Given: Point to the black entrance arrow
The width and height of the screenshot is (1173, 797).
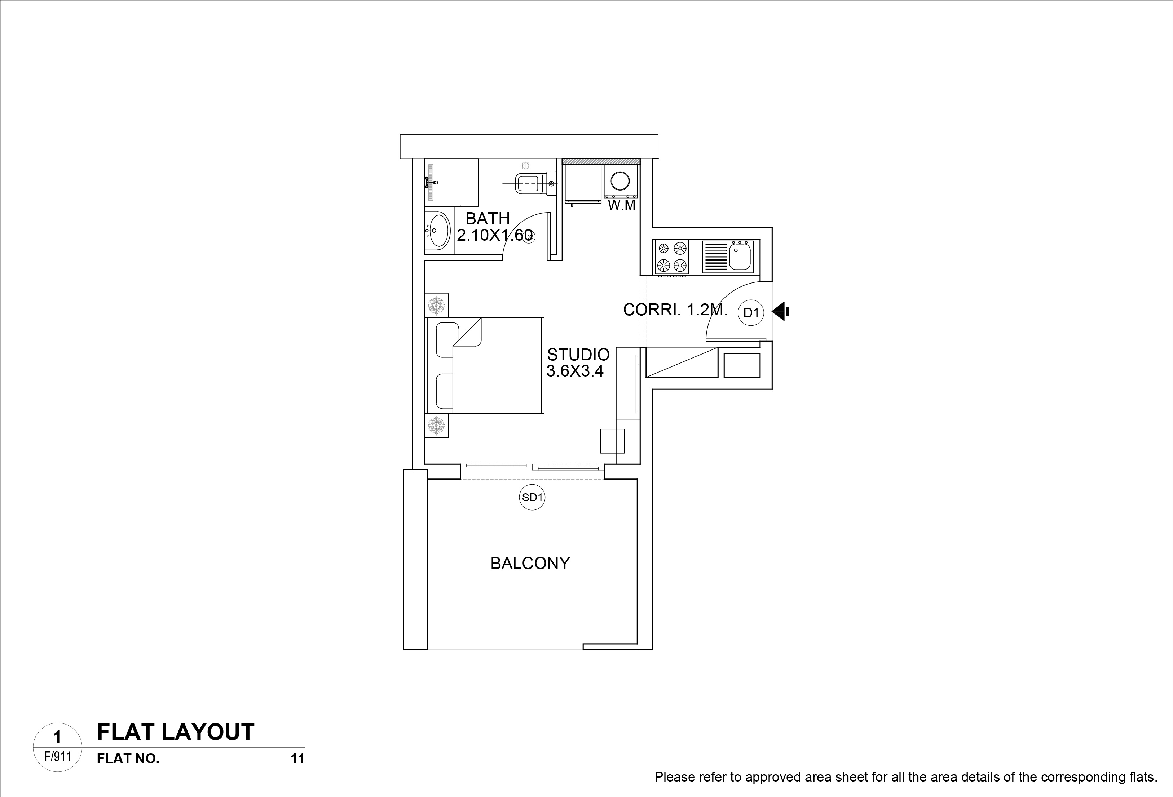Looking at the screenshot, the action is pos(780,311).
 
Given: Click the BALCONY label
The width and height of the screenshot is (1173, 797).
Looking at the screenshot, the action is pos(530,563).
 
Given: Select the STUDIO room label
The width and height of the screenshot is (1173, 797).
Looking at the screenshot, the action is pos(578,354).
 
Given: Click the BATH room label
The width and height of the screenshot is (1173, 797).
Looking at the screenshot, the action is pos(488,218).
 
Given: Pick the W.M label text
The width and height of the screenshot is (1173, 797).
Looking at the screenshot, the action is pos(621,205).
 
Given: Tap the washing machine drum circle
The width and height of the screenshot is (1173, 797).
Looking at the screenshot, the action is pos(620,181).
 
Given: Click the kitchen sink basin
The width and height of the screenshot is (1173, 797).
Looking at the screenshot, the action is pos(740,257).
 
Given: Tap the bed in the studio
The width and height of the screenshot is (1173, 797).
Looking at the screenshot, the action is pos(485,366).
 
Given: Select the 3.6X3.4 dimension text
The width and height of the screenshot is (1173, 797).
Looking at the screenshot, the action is pos(576,371).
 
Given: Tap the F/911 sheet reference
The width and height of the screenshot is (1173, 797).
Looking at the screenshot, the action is pos(58,757).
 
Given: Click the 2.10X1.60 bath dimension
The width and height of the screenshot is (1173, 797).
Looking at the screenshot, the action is pos(495,235).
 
